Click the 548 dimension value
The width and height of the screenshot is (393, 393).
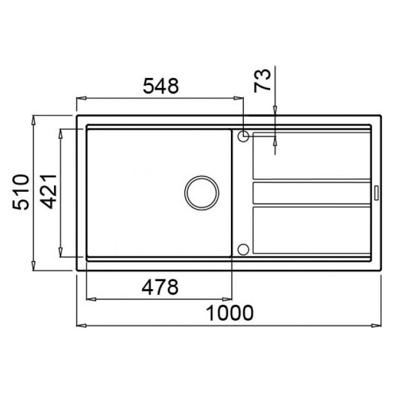click(x=161, y=86)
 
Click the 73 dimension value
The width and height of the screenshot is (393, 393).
click(x=262, y=81)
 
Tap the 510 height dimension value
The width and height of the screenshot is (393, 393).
click(x=21, y=192)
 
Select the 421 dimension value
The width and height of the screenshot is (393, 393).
click(x=49, y=192)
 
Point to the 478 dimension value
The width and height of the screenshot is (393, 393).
click(x=160, y=287)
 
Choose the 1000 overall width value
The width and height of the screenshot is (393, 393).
click(x=230, y=313)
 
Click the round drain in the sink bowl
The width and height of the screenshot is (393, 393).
click(x=202, y=193)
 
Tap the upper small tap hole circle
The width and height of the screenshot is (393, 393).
click(x=243, y=136)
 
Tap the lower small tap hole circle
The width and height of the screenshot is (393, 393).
click(x=243, y=249)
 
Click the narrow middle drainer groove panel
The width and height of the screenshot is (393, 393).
click(x=312, y=193)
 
